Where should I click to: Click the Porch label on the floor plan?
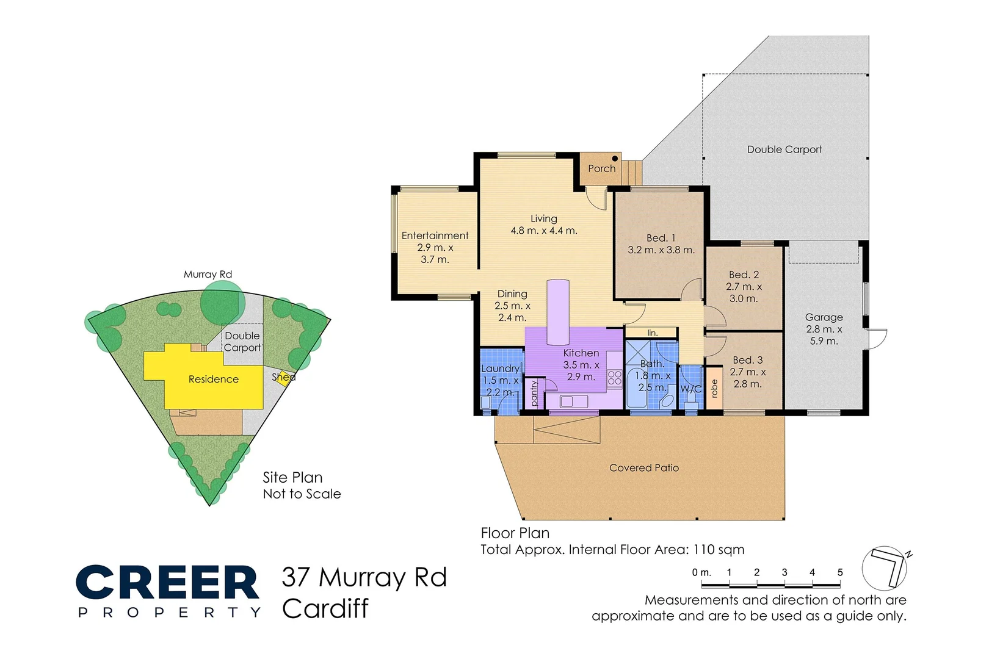click(x=601, y=168)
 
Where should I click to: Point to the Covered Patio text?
click(x=643, y=468)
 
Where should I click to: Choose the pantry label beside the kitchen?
click(x=534, y=394)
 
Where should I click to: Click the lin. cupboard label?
click(x=652, y=333)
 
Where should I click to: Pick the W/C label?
click(x=690, y=389)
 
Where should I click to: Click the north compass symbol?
click(x=885, y=568)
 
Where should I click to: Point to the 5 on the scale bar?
click(x=840, y=572)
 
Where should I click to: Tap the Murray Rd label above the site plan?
click(x=208, y=275)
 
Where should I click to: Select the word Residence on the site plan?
click(x=213, y=379)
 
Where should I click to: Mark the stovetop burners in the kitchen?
click(x=614, y=378)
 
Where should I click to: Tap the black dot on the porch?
click(x=615, y=159)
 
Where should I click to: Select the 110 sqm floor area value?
click(x=719, y=550)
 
